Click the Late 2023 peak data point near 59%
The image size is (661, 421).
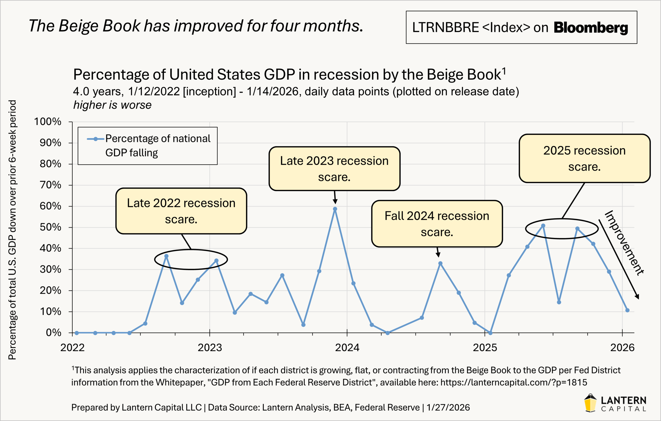[335, 209]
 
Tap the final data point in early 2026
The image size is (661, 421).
[627, 310]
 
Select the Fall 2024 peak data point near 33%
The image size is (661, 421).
[440, 263]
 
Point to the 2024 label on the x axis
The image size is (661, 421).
[347, 348]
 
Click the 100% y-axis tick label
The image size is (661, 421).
[48, 122]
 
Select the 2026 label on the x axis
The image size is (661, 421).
[622, 348]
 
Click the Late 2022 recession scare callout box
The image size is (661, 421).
[181, 211]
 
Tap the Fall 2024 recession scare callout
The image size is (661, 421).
[437, 224]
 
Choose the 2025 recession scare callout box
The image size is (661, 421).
[584, 159]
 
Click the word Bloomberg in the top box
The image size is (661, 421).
[591, 28]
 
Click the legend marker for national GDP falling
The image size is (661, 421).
[95, 139]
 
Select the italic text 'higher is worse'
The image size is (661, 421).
[112, 105]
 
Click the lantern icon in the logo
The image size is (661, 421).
[590, 403]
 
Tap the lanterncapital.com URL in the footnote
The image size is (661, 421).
[514, 382]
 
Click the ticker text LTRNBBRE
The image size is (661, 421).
[445, 28]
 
